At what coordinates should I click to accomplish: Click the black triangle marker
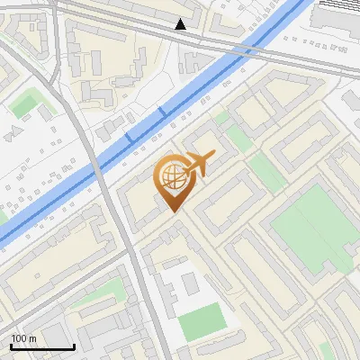click(181, 24)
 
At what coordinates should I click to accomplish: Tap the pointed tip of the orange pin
click(173, 211)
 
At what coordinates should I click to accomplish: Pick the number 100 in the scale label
click(20, 339)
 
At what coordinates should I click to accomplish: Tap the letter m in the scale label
click(32, 339)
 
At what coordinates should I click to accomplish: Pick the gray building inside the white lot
click(190, 284)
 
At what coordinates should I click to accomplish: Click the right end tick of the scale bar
click(74, 346)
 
